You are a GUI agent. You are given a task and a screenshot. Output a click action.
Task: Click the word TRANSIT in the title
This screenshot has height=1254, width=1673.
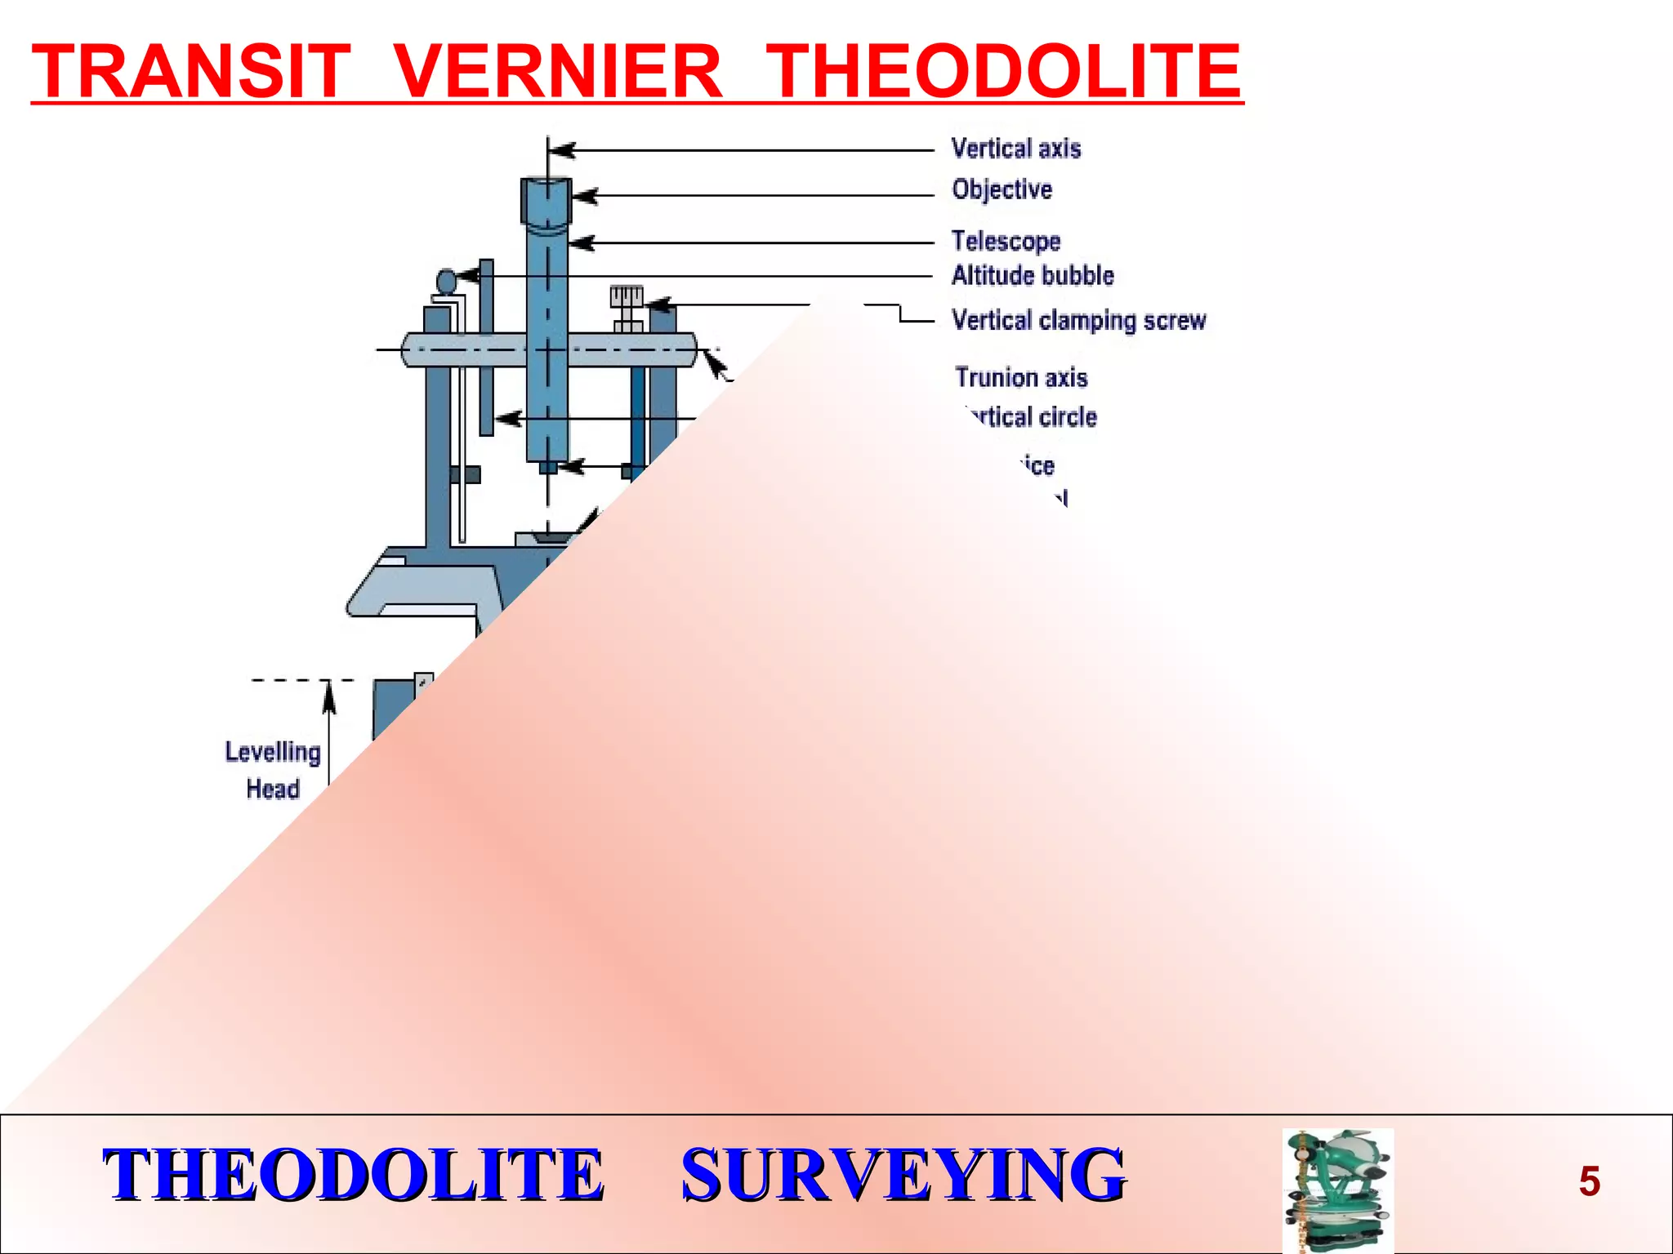(191, 72)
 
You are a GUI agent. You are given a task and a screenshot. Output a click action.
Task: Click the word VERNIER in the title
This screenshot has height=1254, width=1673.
(559, 72)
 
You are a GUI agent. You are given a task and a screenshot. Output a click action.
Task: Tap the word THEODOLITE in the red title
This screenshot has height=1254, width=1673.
(1006, 72)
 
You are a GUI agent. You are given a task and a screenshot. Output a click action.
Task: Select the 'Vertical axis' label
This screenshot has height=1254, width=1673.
(1016, 149)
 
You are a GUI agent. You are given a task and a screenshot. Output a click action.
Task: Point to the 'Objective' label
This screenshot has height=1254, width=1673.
(1002, 189)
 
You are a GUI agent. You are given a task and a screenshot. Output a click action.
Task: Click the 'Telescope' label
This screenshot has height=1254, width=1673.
(1006, 241)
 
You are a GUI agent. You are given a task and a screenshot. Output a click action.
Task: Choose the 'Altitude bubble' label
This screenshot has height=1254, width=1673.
(1033, 276)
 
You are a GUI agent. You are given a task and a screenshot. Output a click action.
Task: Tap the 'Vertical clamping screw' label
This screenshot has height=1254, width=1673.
(1079, 320)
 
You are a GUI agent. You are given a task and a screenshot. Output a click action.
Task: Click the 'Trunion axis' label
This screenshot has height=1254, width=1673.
(1021, 378)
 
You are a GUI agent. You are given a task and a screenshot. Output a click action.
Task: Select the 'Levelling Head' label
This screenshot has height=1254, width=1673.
(273, 770)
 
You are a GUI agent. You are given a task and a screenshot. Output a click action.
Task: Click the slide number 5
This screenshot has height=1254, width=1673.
(1589, 1181)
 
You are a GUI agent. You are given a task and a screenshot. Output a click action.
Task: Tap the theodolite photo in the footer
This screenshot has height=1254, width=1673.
(1337, 1190)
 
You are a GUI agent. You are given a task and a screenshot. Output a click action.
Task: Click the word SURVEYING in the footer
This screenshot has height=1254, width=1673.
(903, 1175)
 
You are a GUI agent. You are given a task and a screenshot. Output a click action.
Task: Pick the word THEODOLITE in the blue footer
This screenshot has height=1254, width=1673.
(353, 1175)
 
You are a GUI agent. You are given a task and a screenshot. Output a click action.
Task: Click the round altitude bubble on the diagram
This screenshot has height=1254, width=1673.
(446, 282)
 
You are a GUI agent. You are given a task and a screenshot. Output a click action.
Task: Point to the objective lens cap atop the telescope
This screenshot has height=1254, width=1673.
(547, 198)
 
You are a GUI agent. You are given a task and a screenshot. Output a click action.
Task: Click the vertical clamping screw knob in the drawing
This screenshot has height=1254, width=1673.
(627, 297)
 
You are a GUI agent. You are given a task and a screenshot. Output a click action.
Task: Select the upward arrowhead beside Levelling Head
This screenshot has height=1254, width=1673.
(329, 696)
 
